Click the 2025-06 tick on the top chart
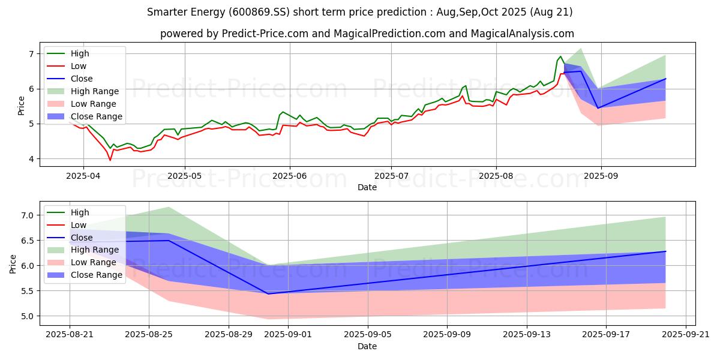point(290,176)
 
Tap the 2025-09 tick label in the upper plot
point(601,176)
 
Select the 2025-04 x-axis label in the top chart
point(83,176)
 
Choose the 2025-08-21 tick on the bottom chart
point(70,335)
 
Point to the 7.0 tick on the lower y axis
point(28,215)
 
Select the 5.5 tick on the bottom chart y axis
point(28,291)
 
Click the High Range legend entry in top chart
point(95,91)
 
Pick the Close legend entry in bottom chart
point(81,238)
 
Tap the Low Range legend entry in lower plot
point(94,263)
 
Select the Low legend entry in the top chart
point(79,66)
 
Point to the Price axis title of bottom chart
point(13,264)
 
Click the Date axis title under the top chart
point(367,187)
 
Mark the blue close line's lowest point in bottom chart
point(268,294)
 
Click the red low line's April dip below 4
point(110,160)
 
